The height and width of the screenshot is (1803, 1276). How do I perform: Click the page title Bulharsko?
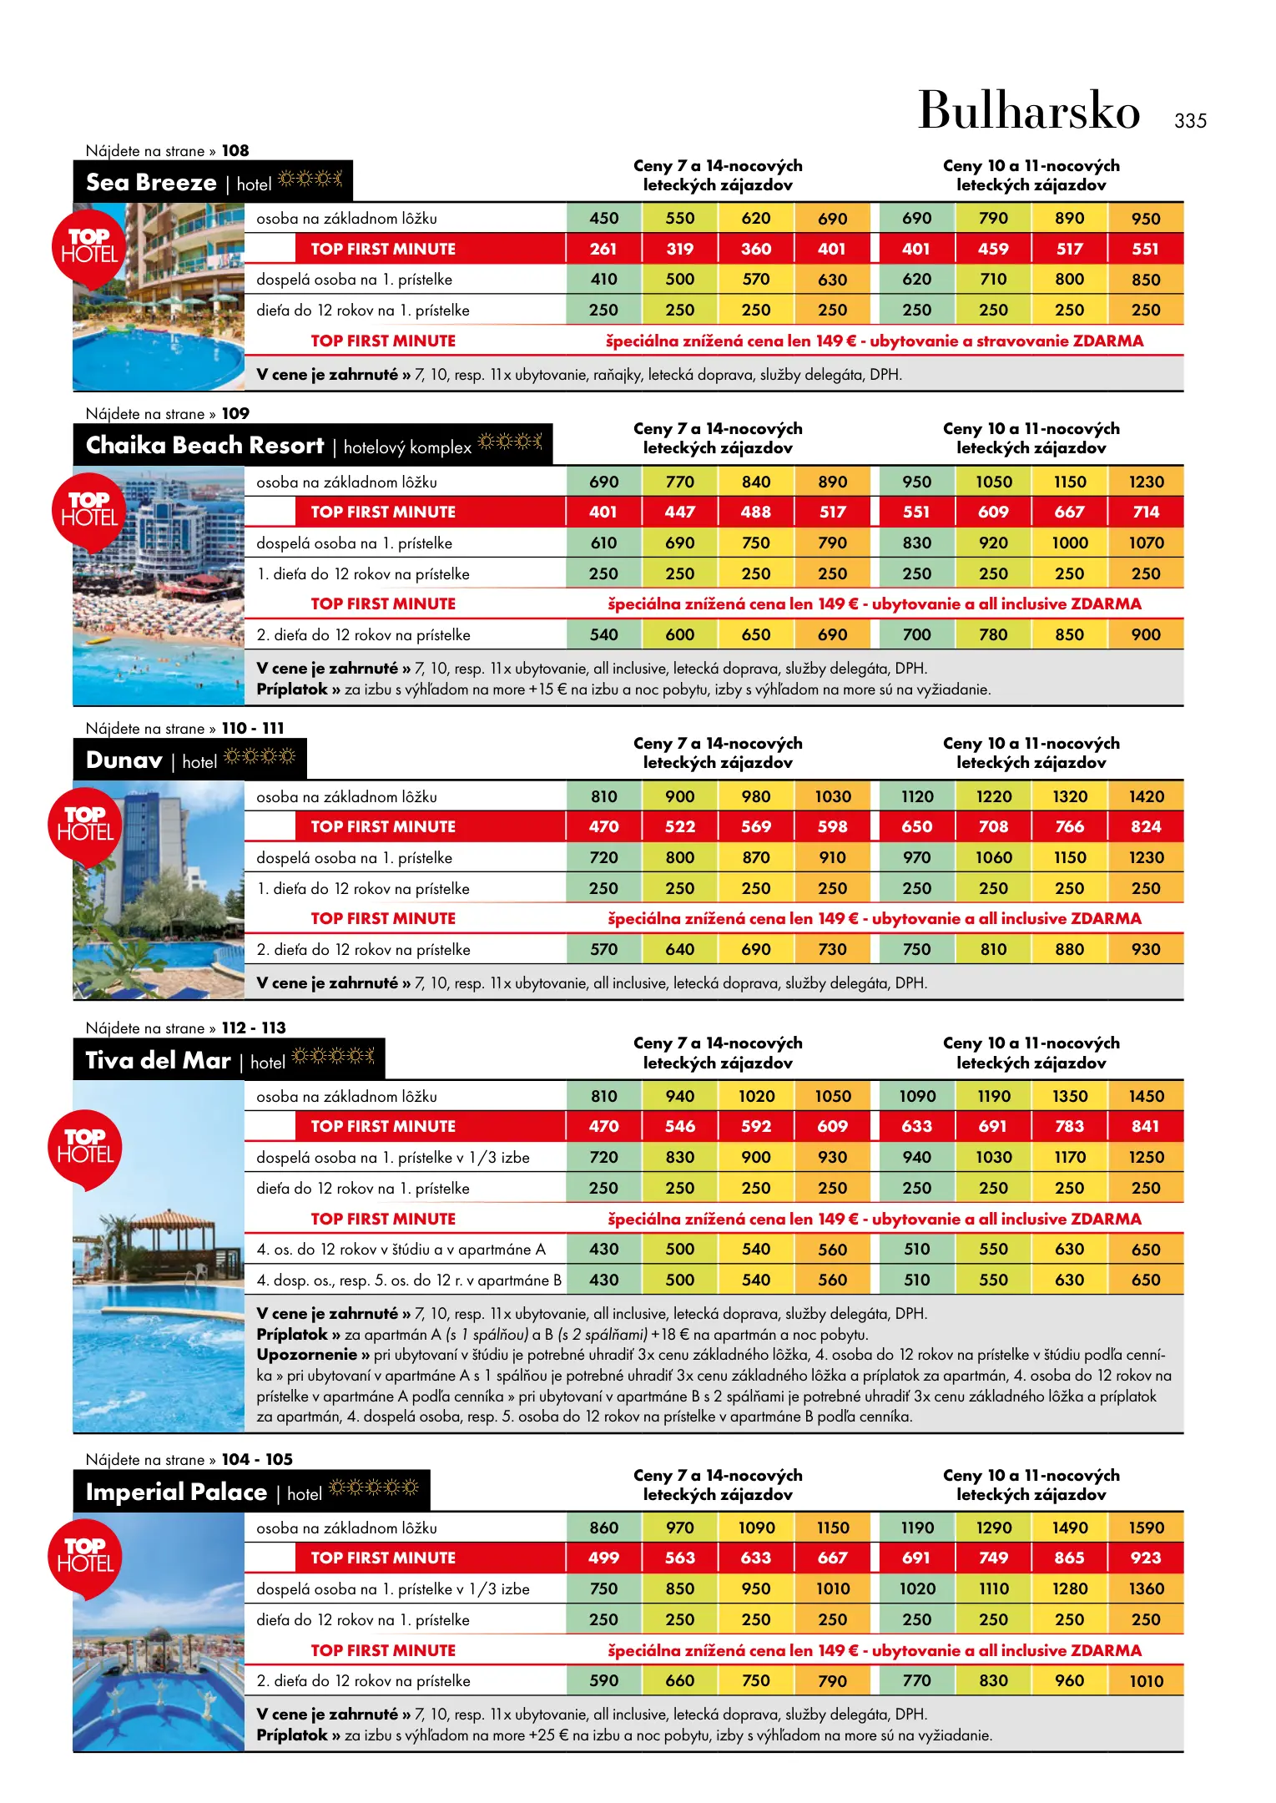click(x=1028, y=111)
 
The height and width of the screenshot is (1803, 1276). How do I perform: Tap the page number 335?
click(x=1190, y=121)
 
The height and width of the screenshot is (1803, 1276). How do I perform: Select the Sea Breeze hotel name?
click(x=151, y=182)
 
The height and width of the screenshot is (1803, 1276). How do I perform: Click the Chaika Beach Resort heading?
click(x=204, y=446)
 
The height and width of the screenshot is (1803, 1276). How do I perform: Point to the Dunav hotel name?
click(x=124, y=760)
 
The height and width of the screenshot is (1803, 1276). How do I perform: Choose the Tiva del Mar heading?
click(x=158, y=1061)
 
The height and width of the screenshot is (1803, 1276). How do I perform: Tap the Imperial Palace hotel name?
click(x=176, y=1492)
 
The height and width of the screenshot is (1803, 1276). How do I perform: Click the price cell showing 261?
click(x=603, y=249)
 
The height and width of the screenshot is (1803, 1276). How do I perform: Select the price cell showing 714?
click(x=1146, y=512)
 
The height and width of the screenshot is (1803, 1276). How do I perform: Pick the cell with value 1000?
click(x=1070, y=543)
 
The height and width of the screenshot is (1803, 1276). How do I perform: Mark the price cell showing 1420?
click(x=1146, y=797)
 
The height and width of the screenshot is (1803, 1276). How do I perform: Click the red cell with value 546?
click(x=680, y=1127)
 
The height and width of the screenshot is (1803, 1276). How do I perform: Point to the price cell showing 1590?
click(x=1146, y=1528)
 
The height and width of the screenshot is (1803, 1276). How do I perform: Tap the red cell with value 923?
click(x=1146, y=1558)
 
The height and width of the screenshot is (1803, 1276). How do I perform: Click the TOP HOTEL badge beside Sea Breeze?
click(x=88, y=247)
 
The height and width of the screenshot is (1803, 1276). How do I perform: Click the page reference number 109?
click(x=235, y=414)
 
